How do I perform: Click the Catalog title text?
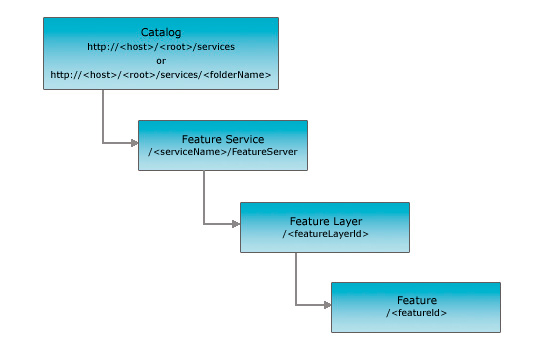(160, 32)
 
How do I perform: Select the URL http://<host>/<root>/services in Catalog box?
(160, 46)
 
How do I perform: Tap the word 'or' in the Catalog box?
(160, 60)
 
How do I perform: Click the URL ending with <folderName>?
(160, 74)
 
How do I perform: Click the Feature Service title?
(222, 139)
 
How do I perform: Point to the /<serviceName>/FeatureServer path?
(222, 153)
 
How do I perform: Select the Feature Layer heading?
(324, 220)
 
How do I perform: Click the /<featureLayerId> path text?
(324, 234)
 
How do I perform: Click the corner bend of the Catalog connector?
(103, 143)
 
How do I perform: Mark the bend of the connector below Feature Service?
(204, 223)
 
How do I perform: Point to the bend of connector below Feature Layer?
(296, 304)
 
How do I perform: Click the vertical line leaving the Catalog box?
(103, 115)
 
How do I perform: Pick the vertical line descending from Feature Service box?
(204, 196)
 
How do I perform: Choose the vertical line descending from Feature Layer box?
(296, 277)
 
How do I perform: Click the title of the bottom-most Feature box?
(416, 300)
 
